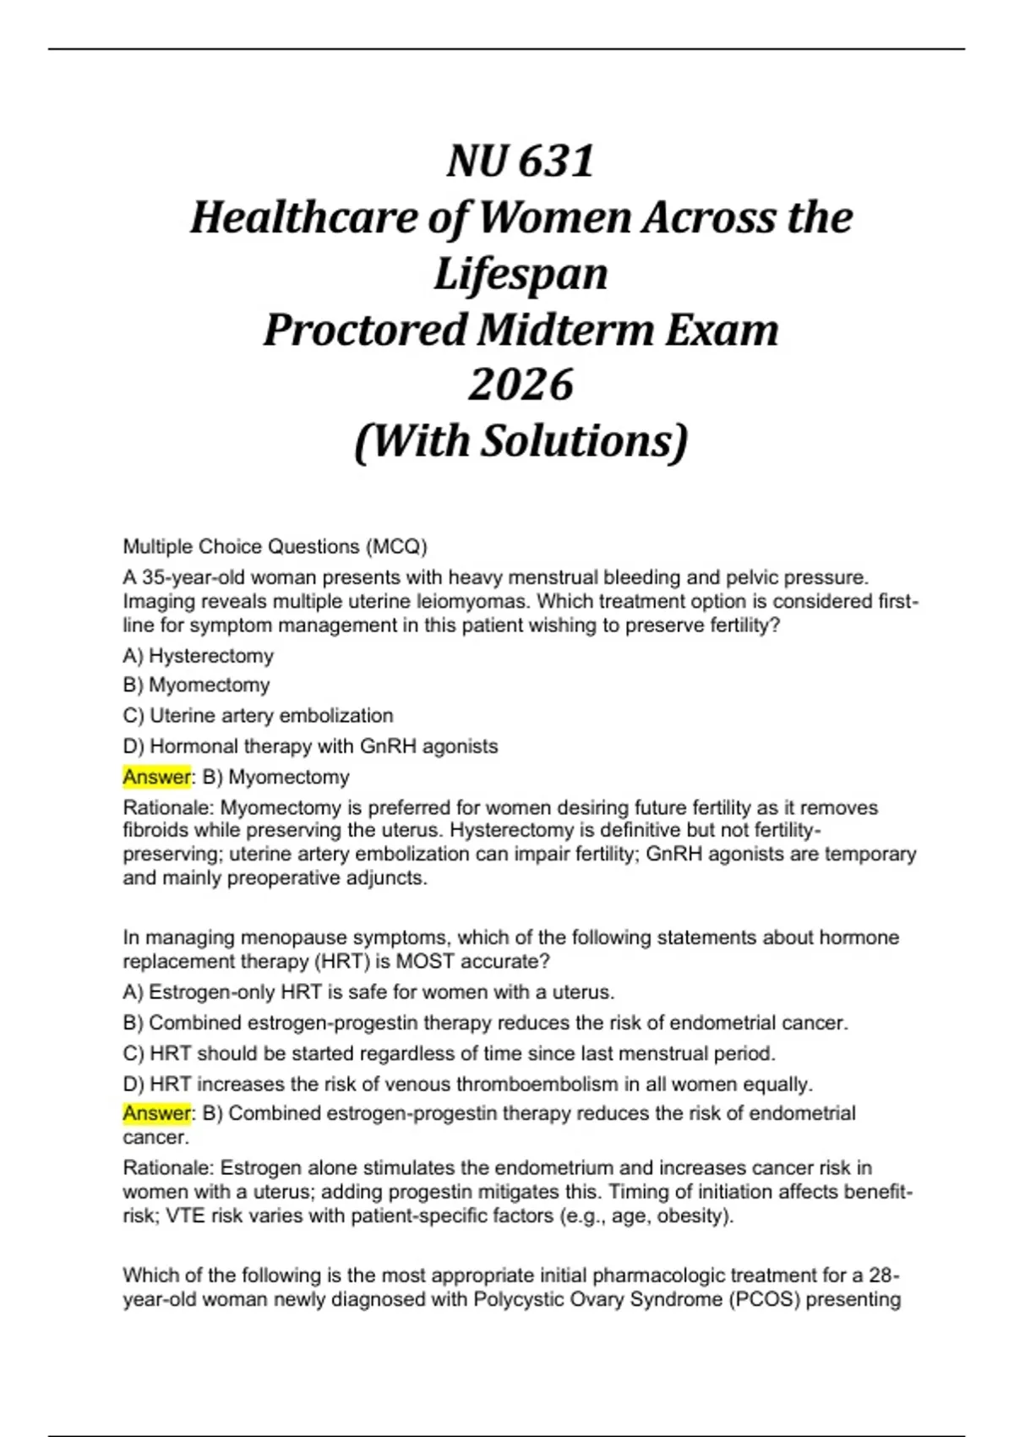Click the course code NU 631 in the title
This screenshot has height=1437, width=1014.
[521, 161]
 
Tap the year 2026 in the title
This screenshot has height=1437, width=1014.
[521, 385]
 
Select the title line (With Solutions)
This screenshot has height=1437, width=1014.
[521, 440]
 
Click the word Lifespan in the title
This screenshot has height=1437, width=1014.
[521, 274]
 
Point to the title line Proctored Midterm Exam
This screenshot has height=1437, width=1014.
[521, 330]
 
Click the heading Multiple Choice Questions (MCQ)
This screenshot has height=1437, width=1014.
[275, 547]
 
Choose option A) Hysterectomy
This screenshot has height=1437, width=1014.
[198, 656]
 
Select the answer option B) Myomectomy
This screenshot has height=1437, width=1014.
[196, 685]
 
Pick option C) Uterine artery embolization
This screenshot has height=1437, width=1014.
[258, 716]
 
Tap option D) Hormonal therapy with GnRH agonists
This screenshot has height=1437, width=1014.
[310, 746]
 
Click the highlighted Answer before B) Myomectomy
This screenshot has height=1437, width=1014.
[156, 777]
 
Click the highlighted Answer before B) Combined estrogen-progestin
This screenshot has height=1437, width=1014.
[156, 1113]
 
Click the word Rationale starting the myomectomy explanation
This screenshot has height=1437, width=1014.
[168, 808]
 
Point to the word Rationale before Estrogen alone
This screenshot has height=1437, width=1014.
[168, 1168]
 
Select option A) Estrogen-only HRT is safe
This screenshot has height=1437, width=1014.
[368, 992]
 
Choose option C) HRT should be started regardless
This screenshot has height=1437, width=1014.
[449, 1054]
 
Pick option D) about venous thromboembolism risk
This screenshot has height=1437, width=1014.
[467, 1085]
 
